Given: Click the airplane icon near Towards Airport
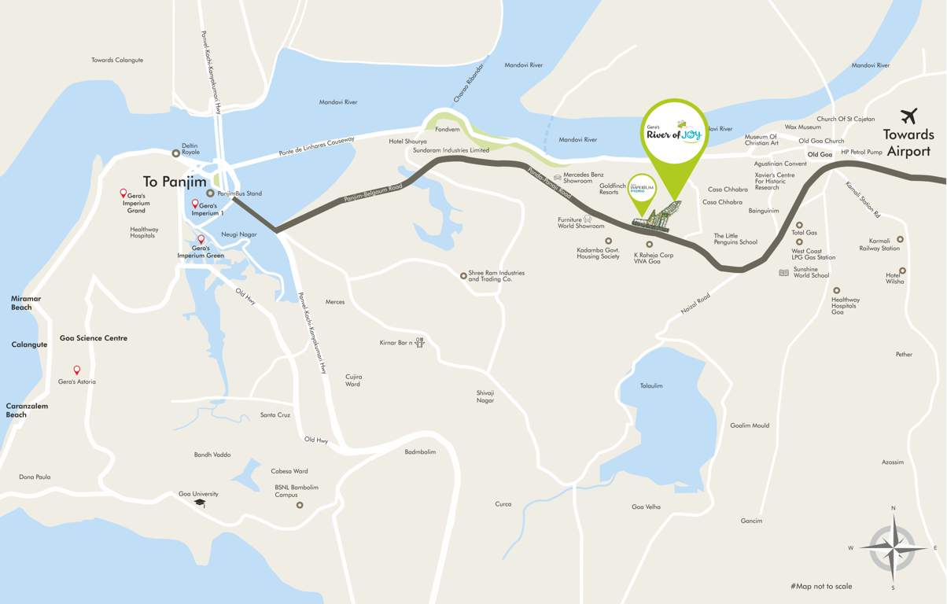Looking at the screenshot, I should [909, 116].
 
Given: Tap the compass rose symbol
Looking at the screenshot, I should [893, 547].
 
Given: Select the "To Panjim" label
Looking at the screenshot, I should [174, 181].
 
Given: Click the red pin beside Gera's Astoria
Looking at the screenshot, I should [77, 370].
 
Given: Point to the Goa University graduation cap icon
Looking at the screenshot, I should [200, 503].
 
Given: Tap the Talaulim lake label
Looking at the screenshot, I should [651, 386].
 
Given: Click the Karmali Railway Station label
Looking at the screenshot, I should [879, 244].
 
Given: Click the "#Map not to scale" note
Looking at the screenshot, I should [821, 586].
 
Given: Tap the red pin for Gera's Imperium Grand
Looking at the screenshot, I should [123, 193].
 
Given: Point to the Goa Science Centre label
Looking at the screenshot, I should [94, 338].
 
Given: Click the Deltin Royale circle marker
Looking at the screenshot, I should [176, 153].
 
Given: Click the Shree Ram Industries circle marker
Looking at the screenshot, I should [463, 275].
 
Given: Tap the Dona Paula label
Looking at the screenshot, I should [35, 477].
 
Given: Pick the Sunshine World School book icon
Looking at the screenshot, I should [783, 273].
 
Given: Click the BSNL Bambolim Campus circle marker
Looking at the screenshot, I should [300, 505].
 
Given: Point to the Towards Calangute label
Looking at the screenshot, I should [117, 60].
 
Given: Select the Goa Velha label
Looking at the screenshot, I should [647, 506].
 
